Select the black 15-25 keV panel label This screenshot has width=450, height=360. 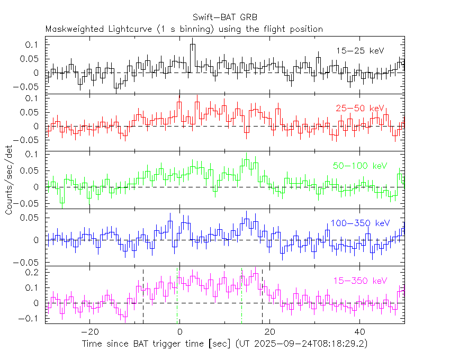pos(360,51)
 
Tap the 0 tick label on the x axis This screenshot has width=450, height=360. pos(180,332)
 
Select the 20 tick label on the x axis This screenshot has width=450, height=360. pos(269,332)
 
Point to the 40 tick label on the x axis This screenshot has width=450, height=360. pos(359,332)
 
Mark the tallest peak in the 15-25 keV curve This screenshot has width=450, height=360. pos(193,45)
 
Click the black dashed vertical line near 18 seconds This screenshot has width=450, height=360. pos(262,296)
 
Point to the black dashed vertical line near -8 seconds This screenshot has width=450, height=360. pos(143,296)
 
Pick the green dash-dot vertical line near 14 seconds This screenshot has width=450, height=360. pos(242,296)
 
